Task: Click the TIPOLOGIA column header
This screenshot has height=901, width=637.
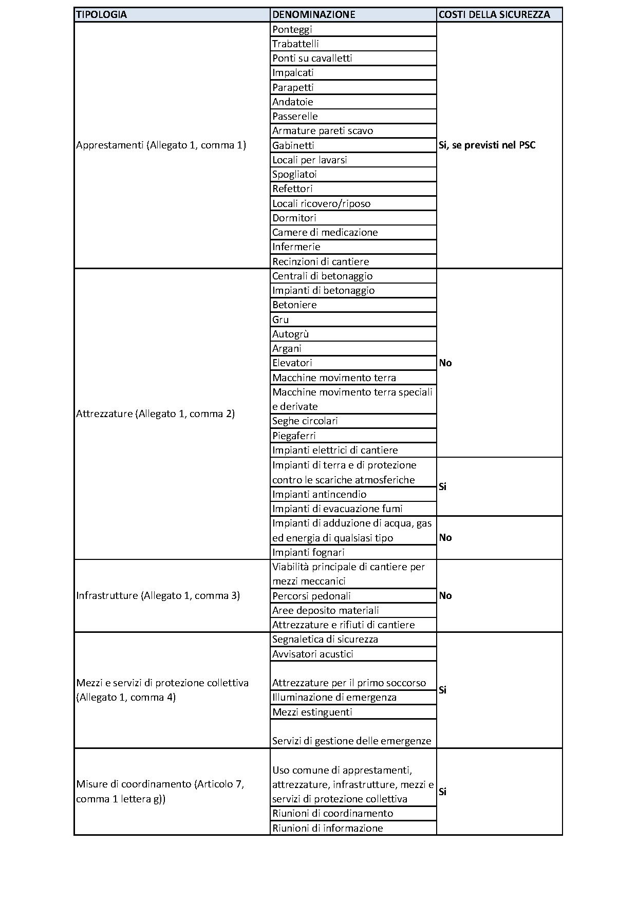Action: pos(101,14)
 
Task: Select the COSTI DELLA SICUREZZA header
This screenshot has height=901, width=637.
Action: pos(494,14)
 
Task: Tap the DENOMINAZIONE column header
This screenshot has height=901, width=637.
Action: pos(313,14)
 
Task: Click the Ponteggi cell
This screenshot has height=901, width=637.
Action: pos(292,29)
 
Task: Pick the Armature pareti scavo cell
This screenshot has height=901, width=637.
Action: pos(323,130)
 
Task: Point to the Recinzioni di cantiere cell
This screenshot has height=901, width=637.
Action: pos(321,261)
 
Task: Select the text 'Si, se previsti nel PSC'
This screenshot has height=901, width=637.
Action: pos(487,145)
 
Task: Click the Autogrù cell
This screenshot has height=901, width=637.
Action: pos(291,334)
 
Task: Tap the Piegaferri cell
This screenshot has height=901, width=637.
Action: pos(294,436)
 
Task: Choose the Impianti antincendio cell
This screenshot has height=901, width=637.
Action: pos(320,494)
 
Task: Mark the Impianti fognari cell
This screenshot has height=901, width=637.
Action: pos(308,552)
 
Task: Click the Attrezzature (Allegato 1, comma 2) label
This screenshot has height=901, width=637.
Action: pos(155,414)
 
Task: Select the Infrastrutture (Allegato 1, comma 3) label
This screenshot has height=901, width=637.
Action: pos(158,595)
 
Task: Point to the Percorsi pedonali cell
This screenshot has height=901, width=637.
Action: pos(312,596)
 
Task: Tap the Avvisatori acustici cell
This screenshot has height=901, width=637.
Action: pos(313,654)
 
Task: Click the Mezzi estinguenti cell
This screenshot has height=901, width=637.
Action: pos(312,712)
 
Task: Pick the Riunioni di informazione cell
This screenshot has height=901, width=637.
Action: pos(328,828)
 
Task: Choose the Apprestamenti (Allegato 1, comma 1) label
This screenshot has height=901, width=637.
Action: pos(161,145)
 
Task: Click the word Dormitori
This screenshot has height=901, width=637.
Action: pos(294,218)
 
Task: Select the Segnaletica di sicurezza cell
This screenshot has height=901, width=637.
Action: pos(325,639)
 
